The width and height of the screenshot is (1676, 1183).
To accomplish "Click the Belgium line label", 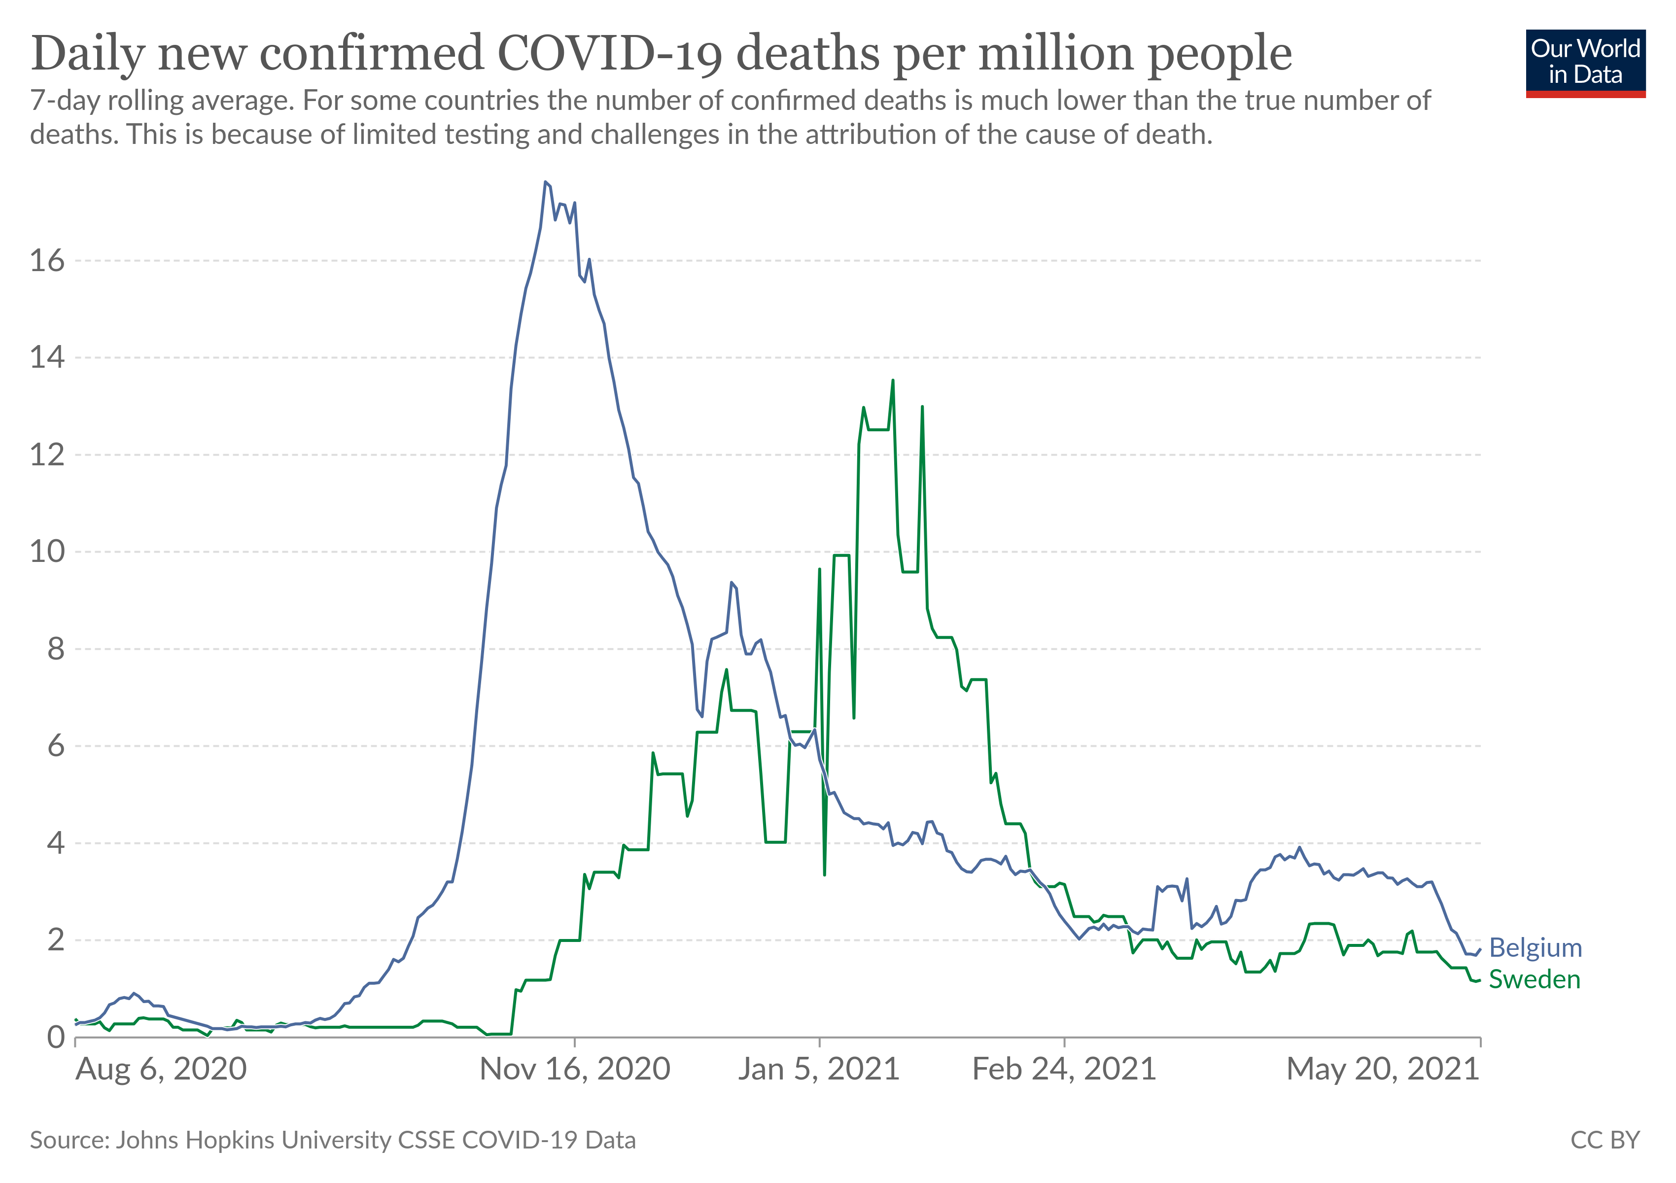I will click(x=1535, y=948).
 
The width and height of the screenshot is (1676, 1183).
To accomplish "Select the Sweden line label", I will click(x=1535, y=979).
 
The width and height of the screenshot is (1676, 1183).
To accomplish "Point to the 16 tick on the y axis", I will click(x=47, y=261).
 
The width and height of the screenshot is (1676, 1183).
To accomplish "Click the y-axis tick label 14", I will click(x=47, y=357).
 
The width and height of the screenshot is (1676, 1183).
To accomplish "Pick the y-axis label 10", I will click(x=47, y=552).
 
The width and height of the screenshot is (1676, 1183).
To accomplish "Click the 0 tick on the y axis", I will click(x=56, y=1037).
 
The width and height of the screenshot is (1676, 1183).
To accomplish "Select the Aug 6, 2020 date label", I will click(x=161, y=1069).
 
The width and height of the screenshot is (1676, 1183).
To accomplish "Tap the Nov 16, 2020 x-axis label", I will click(x=574, y=1069).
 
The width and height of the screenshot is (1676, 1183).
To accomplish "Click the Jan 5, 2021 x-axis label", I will click(x=818, y=1069).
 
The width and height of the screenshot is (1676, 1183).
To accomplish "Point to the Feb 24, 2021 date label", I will click(x=1064, y=1069).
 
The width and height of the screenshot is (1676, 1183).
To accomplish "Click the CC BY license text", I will click(x=1605, y=1140).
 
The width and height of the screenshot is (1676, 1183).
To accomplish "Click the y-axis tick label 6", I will click(x=56, y=746).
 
